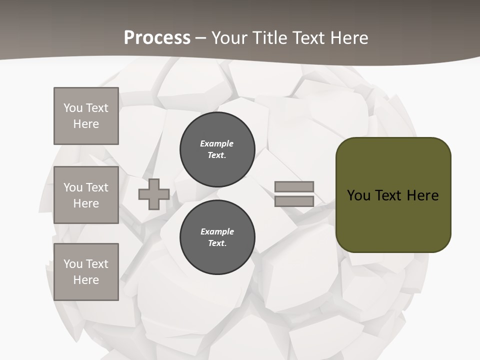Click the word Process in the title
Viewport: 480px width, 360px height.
point(157,38)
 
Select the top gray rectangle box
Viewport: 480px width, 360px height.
point(86,116)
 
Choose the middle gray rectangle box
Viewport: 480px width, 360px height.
point(86,195)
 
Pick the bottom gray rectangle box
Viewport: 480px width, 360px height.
point(86,272)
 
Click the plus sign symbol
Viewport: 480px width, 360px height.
point(154,194)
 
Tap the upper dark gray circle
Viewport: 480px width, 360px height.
point(217,149)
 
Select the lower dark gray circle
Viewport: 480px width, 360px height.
point(217,237)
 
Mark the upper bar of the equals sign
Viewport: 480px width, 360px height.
point(294,186)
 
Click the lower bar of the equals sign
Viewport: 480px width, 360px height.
point(294,201)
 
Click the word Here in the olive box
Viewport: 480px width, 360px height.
point(422,195)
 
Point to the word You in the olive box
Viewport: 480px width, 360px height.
point(359,195)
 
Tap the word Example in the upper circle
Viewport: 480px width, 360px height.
point(217,143)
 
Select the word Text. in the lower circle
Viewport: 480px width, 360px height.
point(217,243)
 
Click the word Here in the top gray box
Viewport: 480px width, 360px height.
point(86,124)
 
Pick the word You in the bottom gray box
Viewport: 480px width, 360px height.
point(73,263)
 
